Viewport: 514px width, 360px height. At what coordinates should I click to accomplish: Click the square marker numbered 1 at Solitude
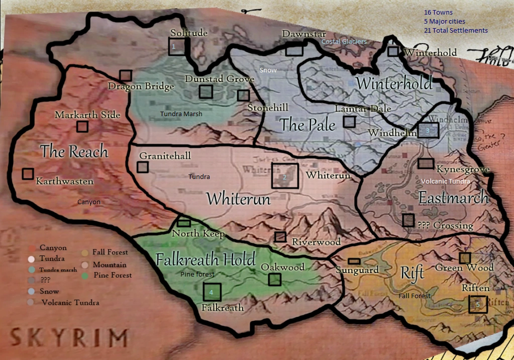pos(177,46)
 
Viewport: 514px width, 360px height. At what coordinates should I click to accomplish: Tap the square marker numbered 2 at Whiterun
pos(285,176)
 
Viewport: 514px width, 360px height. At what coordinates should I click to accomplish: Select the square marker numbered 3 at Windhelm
pos(428,130)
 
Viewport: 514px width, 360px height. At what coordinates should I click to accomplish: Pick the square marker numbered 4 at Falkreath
pos(212,292)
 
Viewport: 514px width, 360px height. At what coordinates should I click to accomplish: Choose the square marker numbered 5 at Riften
pos(478,304)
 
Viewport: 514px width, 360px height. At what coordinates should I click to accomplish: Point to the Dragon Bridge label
pos(141,86)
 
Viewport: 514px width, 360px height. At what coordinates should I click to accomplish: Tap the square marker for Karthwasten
pos(28,174)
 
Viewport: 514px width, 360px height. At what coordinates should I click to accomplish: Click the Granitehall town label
pos(165,156)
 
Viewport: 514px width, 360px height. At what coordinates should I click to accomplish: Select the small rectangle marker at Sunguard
pos(354,261)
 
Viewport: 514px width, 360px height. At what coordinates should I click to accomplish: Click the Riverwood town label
pos(316,242)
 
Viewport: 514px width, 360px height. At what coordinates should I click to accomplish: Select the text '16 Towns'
pos(438,13)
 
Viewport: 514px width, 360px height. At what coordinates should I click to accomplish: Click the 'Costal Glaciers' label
pos(344,41)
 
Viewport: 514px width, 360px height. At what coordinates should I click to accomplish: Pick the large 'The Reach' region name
pos(74,151)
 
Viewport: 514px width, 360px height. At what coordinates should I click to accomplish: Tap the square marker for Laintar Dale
pos(349,121)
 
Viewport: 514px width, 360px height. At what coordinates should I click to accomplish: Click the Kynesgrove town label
pos(463,169)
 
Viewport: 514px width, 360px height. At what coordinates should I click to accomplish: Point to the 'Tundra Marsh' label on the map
pos(181,114)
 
